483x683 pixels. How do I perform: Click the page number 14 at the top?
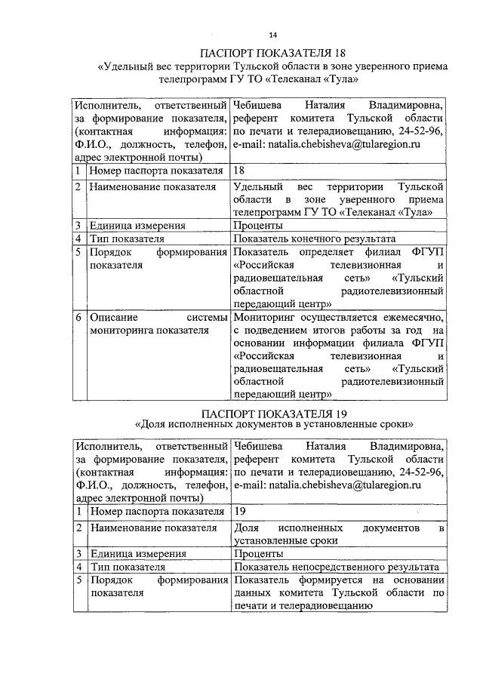[272, 33]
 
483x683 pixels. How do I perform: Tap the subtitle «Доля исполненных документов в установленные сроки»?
[272, 425]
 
